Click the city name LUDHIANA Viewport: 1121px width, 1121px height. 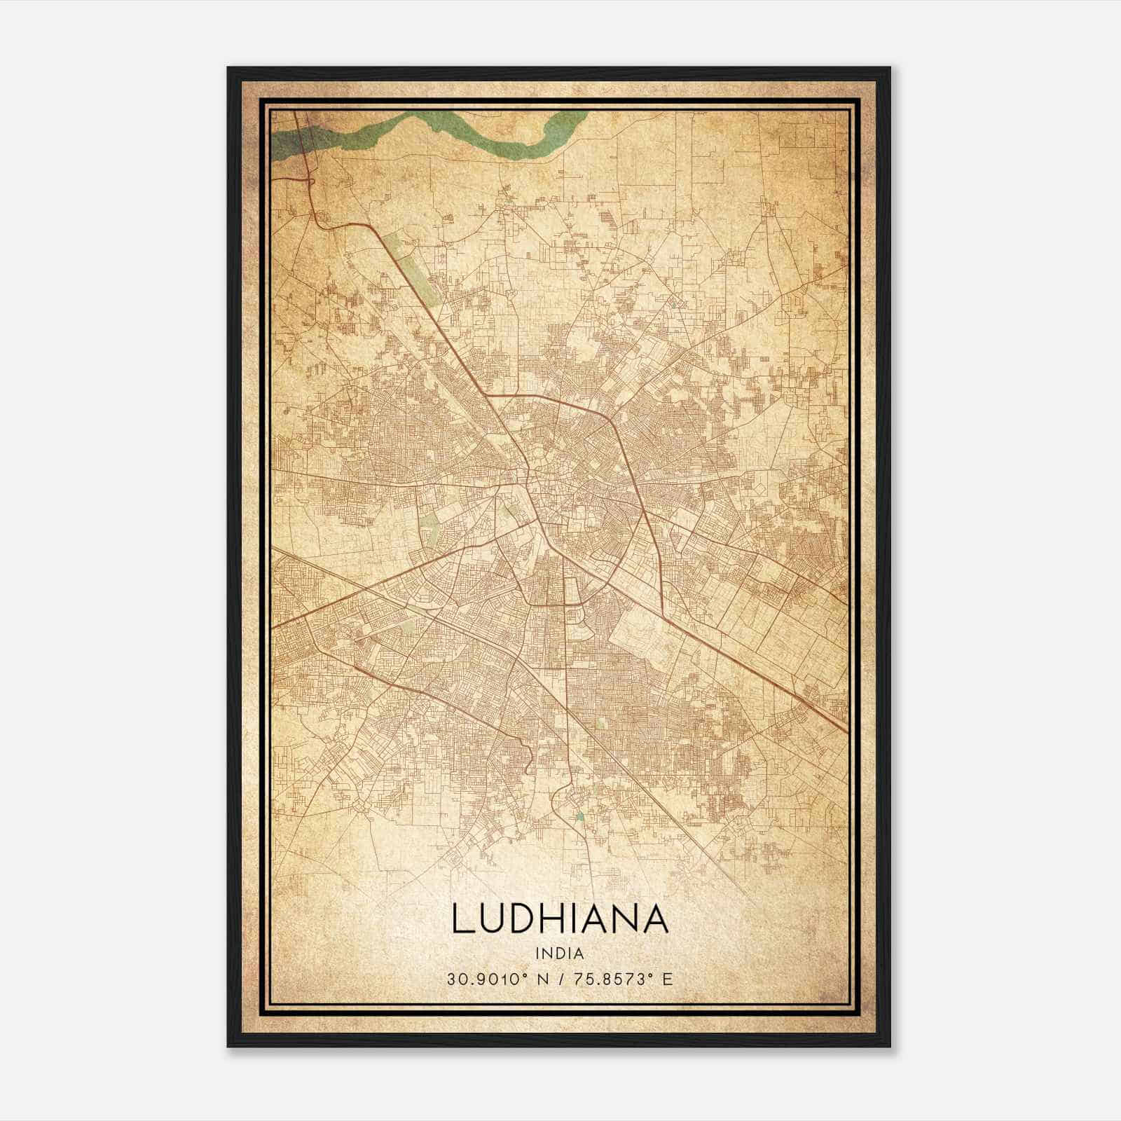pos(560,919)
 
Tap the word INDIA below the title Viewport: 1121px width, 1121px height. pos(560,953)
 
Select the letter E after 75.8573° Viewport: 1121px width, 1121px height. pos(668,979)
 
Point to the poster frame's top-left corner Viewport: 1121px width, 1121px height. pos(229,69)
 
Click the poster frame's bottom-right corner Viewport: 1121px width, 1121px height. pos(889,1045)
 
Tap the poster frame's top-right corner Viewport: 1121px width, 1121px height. pos(889,69)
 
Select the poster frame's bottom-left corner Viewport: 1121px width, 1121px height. pos(229,1045)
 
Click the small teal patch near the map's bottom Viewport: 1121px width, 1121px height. pos(579,816)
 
